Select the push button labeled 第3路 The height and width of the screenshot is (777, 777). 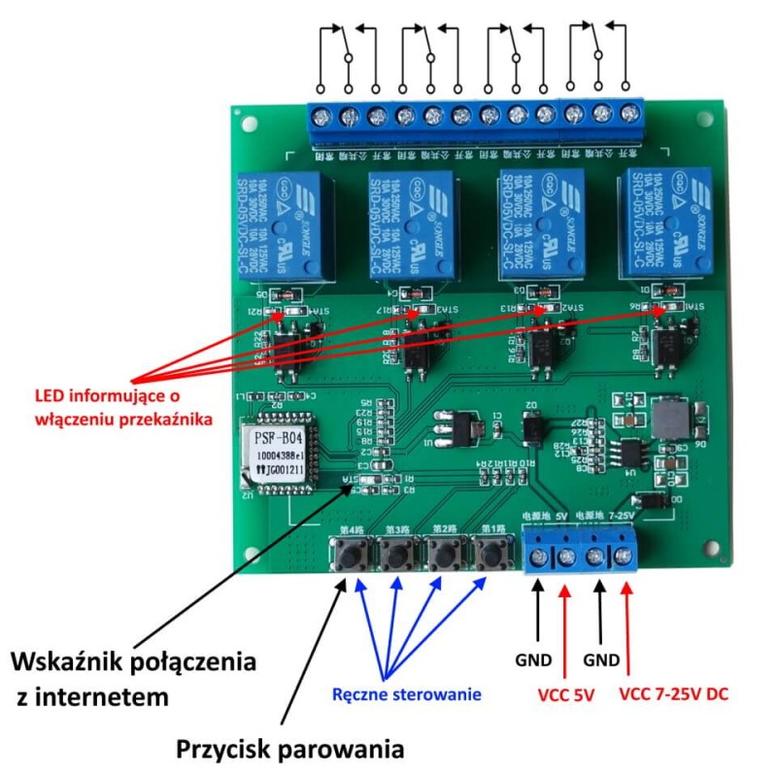coord(396,556)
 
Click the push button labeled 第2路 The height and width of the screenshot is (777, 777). coord(443,556)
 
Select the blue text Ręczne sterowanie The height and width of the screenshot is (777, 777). coord(406,693)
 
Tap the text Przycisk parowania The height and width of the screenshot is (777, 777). coord(289,750)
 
